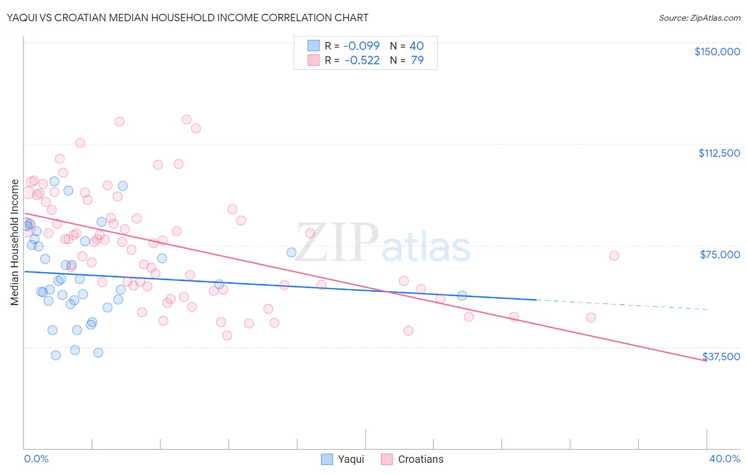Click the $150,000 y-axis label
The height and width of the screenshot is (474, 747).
[x=717, y=52]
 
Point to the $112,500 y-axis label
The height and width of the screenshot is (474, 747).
[x=719, y=153]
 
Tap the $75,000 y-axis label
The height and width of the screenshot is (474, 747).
[x=720, y=255]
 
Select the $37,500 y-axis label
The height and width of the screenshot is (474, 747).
[x=721, y=357]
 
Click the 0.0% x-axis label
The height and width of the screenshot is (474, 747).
[x=36, y=459]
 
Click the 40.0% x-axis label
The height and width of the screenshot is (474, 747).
[x=724, y=459]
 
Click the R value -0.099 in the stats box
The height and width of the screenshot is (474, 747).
[x=361, y=46]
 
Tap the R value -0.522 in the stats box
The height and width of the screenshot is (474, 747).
[x=362, y=61]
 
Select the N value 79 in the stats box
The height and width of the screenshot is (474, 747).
[x=417, y=61]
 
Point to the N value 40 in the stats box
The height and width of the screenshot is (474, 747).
[x=417, y=46]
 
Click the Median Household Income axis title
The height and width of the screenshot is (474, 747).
[x=15, y=242]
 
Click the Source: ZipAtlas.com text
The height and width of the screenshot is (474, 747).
[x=699, y=18]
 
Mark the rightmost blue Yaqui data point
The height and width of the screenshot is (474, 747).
[x=462, y=295]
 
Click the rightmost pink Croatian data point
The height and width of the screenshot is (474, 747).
[x=614, y=256]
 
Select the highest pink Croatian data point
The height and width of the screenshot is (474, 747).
[x=186, y=120]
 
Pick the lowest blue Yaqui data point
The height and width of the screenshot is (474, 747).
[x=56, y=355]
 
